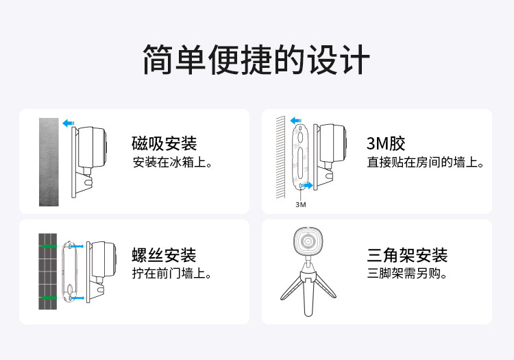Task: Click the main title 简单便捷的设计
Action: tap(257, 60)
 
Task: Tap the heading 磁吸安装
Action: tap(164, 143)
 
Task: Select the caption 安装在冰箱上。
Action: tap(173, 163)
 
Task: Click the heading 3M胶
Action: tap(386, 143)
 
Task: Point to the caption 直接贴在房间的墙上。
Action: tap(426, 163)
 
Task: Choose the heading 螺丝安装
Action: tap(164, 255)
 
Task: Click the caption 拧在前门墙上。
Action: tap(172, 273)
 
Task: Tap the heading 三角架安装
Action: tap(408, 255)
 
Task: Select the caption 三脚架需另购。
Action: tap(407, 273)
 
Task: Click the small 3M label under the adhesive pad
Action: tap(301, 204)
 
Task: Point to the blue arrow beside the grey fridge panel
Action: tap(68, 123)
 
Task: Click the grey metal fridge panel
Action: tap(49, 162)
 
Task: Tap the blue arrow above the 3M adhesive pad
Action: tap(296, 120)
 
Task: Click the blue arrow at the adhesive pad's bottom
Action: tap(308, 186)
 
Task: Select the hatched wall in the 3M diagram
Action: tap(280, 157)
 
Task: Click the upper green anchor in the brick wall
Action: tap(49, 246)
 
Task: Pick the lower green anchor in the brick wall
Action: tap(49, 298)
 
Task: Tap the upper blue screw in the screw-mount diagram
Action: tap(77, 246)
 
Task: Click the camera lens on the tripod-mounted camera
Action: tap(308, 241)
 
